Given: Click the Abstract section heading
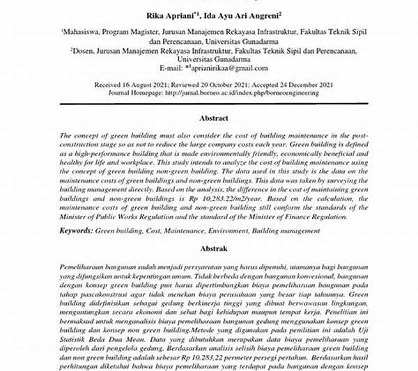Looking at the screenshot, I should pos(208,118).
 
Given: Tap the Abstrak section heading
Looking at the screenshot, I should pos(208,246).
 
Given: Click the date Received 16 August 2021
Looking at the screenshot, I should pos(130,84).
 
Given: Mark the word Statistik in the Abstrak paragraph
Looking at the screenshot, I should pos(74,324).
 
